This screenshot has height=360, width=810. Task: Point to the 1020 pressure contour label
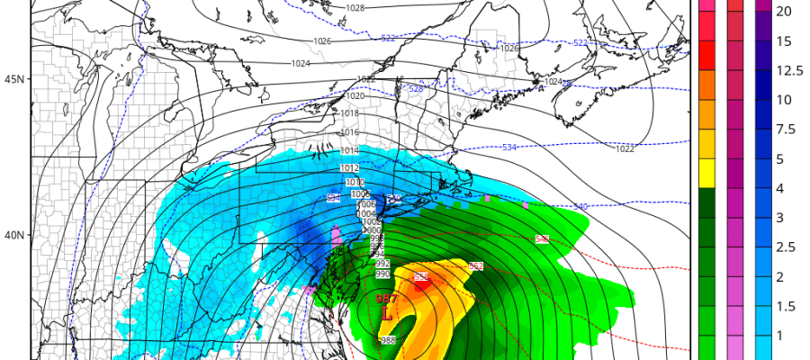(x=355, y=95)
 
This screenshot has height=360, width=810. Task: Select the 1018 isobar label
(x=350, y=113)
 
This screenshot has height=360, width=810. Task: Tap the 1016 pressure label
(x=350, y=132)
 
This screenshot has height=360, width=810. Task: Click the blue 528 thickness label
(x=416, y=88)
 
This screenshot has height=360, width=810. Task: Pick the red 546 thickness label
(x=542, y=238)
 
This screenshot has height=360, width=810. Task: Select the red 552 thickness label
(x=476, y=266)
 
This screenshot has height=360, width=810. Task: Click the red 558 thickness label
(x=420, y=277)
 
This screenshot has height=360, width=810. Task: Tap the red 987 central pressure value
(x=385, y=298)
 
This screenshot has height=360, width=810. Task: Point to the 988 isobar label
(x=388, y=339)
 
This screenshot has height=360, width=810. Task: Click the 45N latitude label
(x=14, y=79)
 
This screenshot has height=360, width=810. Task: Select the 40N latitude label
(x=14, y=235)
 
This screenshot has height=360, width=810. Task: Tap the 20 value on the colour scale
(x=784, y=12)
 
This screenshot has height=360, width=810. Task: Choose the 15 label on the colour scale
(x=784, y=41)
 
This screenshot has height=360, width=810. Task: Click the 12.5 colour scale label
(x=788, y=70)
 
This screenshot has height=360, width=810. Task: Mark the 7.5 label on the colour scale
(x=786, y=129)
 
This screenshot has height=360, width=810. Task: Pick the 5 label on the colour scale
(x=780, y=158)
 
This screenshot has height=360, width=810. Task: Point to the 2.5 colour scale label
(x=786, y=247)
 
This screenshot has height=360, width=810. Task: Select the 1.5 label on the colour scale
(x=786, y=306)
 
